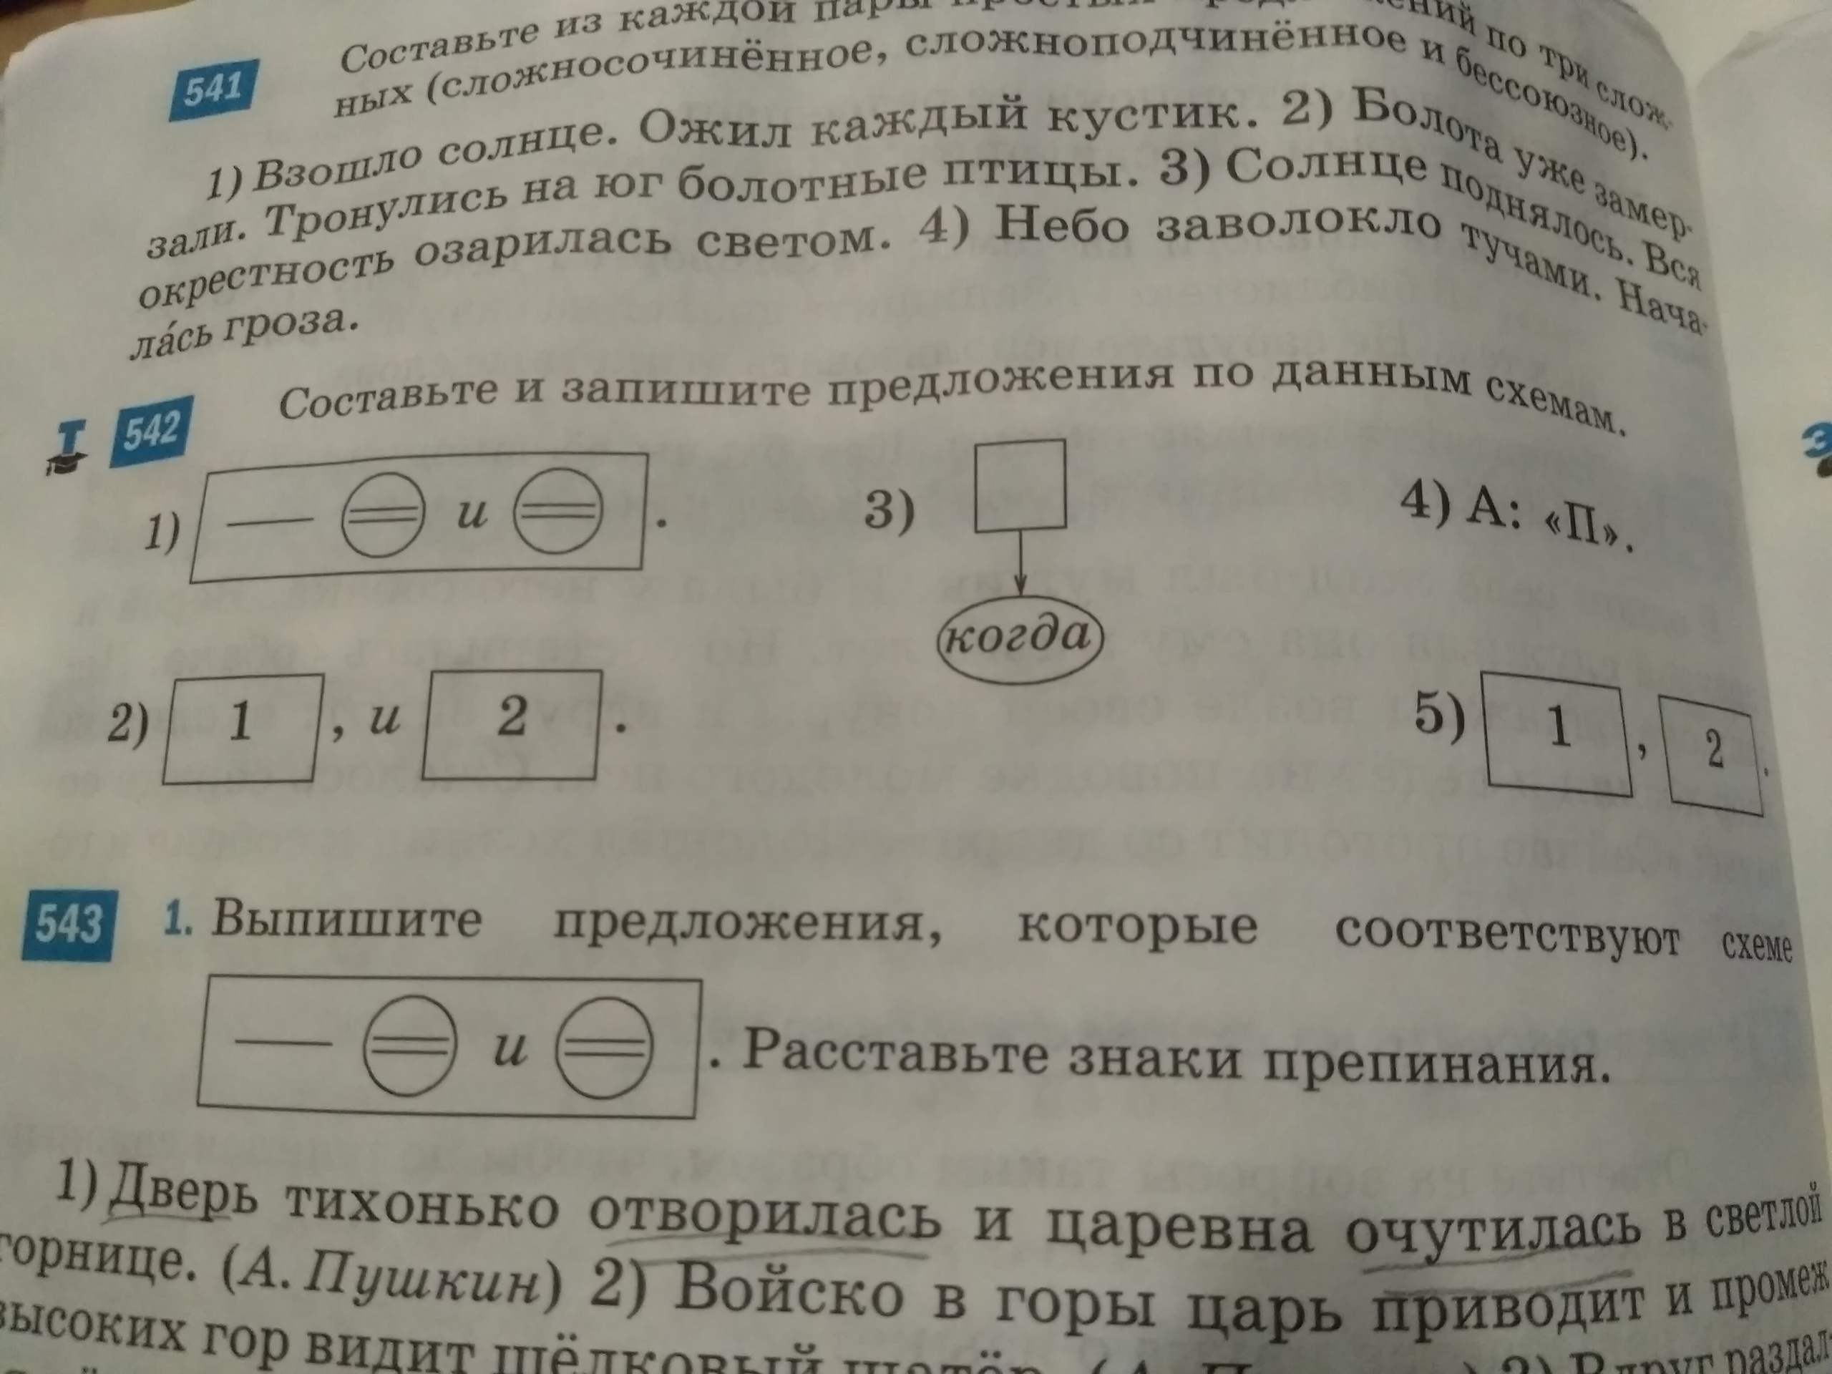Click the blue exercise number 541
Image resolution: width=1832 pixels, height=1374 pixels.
[x=213, y=89]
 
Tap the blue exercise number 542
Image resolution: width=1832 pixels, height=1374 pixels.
[x=152, y=431]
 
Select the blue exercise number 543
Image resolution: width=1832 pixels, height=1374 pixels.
[x=70, y=925]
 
